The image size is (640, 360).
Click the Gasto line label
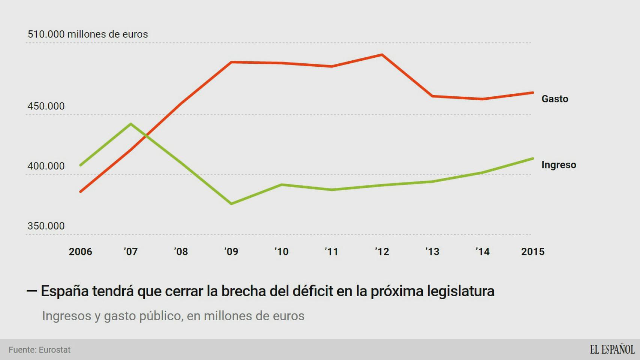[x=554, y=99]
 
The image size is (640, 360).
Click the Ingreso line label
[x=559, y=165]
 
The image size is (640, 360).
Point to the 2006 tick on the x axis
[x=80, y=252]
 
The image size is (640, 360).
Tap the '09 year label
[x=231, y=252]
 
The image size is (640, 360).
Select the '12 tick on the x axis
[x=382, y=252]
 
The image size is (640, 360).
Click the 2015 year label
[x=532, y=252]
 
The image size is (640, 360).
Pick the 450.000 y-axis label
[x=46, y=106]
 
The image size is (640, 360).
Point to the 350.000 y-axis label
[x=46, y=226]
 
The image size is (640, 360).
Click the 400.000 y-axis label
[x=46, y=166]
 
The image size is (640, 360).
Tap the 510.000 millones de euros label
[x=88, y=34]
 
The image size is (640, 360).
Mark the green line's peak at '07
[x=131, y=124]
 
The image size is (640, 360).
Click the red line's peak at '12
[x=382, y=55]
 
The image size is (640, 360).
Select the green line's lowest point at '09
[x=231, y=204]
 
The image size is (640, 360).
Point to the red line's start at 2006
[x=80, y=192]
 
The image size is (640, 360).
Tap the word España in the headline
[x=65, y=291]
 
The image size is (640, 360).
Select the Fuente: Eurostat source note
[x=40, y=350]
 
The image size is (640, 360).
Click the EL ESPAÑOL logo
[x=612, y=349]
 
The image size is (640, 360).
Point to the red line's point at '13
[x=432, y=96]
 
